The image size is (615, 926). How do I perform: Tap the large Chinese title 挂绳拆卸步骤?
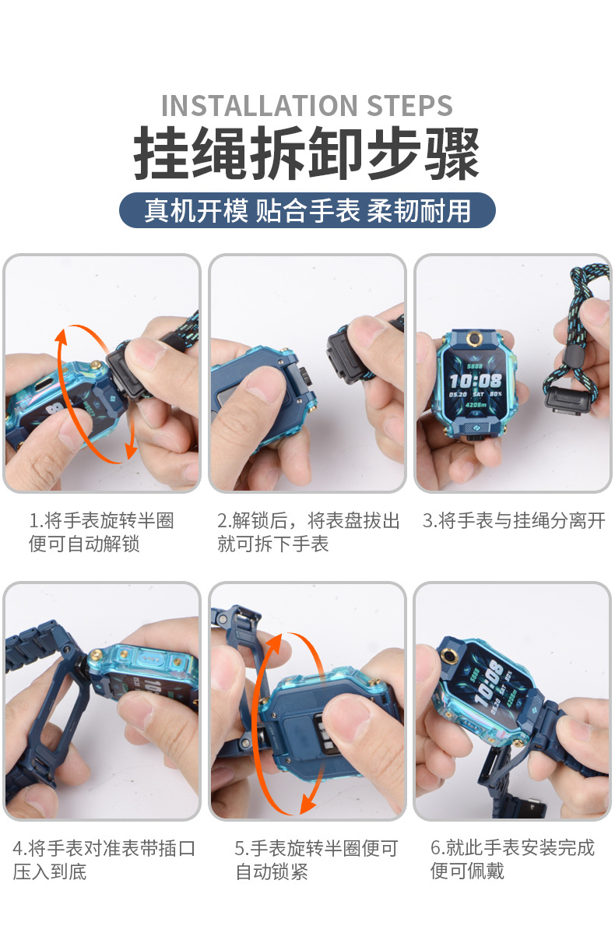click(307, 154)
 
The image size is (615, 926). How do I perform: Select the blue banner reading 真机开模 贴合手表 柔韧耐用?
click(307, 211)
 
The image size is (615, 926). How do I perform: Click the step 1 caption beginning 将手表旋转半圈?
click(101, 532)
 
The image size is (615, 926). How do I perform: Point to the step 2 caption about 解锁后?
click(308, 532)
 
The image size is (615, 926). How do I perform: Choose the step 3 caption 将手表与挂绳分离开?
click(514, 521)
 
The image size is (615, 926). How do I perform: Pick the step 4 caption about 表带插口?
click(104, 860)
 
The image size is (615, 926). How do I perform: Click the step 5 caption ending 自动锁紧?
click(316, 860)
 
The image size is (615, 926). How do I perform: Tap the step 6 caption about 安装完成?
click(512, 858)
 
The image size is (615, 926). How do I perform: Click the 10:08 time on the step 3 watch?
click(476, 381)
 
